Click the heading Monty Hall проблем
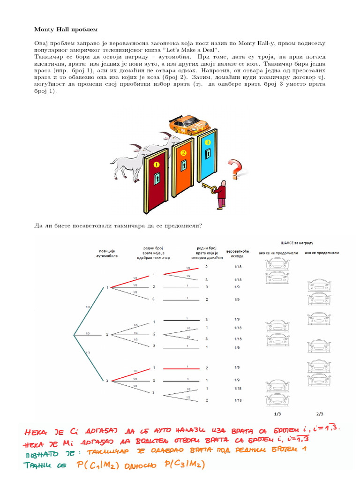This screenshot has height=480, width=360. point(66,30)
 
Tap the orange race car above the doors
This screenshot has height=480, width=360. point(189,124)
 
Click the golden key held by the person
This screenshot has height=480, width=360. point(210,189)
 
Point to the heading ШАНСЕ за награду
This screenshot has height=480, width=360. point(297,243)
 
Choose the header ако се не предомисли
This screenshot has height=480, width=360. point(278,253)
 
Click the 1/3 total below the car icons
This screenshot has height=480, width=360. point(278,414)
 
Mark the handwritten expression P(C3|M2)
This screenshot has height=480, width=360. point(180,465)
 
